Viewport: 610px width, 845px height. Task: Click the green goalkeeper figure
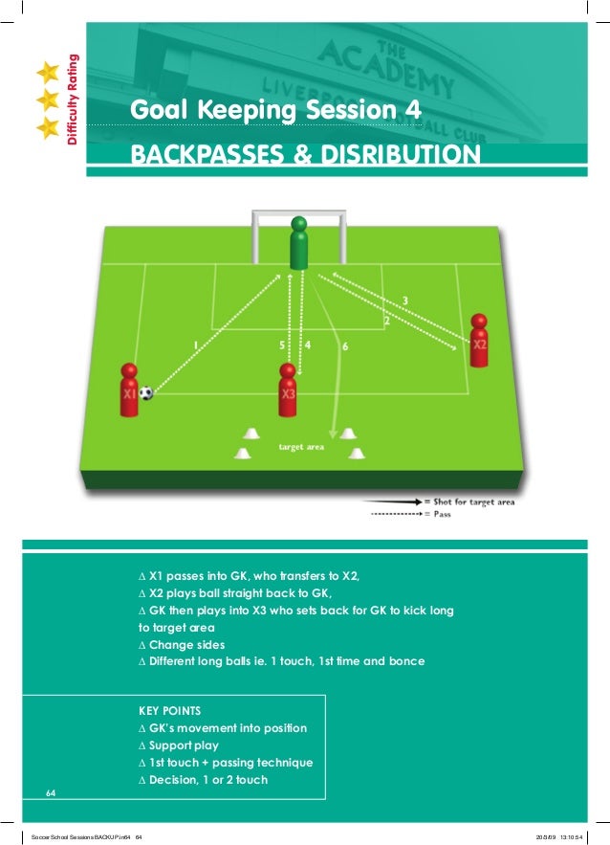pos(299,244)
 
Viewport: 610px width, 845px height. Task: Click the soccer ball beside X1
pos(145,392)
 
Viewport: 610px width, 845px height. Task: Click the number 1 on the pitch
pos(195,345)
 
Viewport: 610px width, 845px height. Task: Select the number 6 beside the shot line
pos(344,345)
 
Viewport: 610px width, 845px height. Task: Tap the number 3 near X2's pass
pos(405,300)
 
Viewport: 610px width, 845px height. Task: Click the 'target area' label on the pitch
pos(301,447)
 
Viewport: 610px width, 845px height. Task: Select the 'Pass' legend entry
pos(442,514)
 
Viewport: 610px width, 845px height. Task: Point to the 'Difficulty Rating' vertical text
pos(72,103)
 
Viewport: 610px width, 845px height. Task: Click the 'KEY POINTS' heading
pos(170,711)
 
